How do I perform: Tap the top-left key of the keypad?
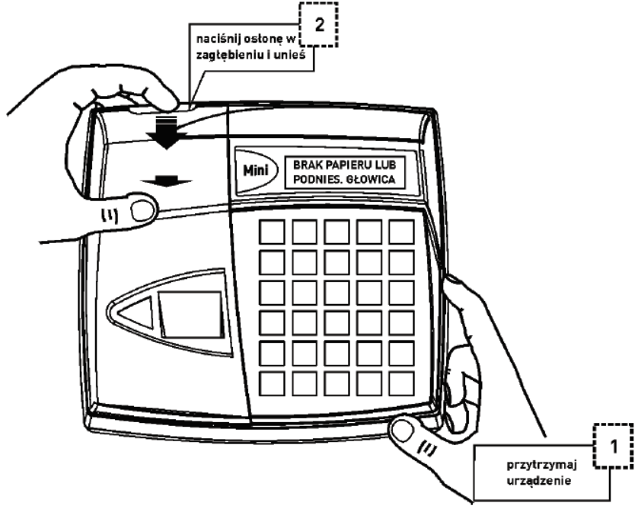[x=272, y=232]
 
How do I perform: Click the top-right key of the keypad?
[x=400, y=232]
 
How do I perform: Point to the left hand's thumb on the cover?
[x=139, y=206]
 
